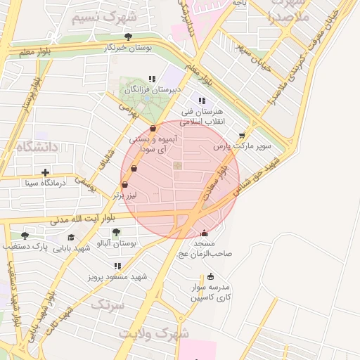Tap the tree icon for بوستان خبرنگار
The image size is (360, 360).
click(127, 37)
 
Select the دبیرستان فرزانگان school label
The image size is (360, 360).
click(153, 90)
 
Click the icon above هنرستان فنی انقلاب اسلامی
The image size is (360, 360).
click(202, 101)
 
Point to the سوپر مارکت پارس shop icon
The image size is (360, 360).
click(243, 136)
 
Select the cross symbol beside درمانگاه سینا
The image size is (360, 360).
click(46, 172)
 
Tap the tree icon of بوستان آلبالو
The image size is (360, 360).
click(116, 232)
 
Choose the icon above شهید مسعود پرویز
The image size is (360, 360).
click(117, 266)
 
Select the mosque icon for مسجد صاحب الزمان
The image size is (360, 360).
click(205, 233)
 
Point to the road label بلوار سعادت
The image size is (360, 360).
click(217, 182)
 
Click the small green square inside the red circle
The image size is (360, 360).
click(177, 166)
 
